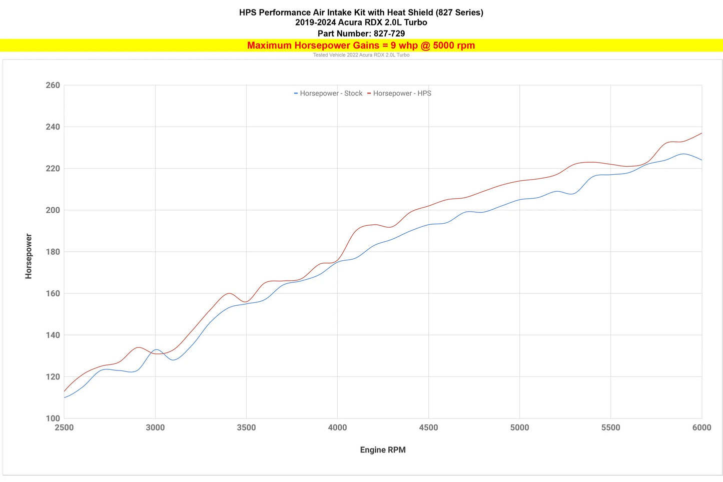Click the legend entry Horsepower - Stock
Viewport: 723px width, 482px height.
click(328, 93)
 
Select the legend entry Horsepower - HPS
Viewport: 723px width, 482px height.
click(399, 93)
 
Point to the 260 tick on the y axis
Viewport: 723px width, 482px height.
click(53, 85)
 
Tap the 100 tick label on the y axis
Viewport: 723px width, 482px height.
click(53, 418)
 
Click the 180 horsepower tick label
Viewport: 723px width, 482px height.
click(53, 252)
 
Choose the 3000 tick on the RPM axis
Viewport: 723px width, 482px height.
click(155, 427)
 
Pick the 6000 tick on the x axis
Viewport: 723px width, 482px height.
click(701, 427)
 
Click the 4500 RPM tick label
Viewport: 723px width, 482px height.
click(428, 427)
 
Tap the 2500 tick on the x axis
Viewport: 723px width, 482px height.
click(64, 427)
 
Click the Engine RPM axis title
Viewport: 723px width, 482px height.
click(383, 449)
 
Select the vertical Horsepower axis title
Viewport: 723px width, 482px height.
click(29, 256)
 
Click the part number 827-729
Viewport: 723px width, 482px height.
click(389, 33)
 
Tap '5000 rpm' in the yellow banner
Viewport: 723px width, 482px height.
click(454, 46)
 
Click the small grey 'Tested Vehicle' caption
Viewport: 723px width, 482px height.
click(361, 55)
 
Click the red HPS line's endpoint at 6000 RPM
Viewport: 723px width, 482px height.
click(701, 133)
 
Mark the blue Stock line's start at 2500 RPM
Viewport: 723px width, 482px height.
click(64, 397)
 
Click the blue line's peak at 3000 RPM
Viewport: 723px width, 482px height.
click(157, 350)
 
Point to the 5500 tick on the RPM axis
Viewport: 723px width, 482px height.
click(611, 427)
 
